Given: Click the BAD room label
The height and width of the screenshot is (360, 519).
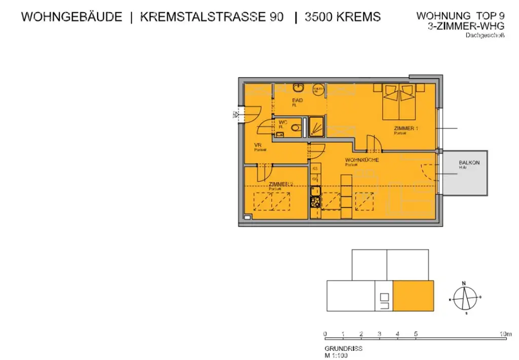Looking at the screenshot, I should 298,100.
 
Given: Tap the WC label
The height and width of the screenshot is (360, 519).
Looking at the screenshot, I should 283,122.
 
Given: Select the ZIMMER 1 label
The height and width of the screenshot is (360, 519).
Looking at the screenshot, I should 405,129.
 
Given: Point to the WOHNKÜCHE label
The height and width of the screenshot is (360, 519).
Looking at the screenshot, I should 362,160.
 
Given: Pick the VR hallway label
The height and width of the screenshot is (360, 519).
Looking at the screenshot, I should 257,146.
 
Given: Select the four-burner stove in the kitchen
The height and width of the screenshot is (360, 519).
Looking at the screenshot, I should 315,202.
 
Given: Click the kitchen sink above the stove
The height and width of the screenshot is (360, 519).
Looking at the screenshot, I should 315,191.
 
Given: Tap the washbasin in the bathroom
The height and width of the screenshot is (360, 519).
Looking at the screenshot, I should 299,87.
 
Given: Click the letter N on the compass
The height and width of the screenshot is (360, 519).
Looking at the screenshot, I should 463,283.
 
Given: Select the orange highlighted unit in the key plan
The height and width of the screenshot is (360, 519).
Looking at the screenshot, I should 413,296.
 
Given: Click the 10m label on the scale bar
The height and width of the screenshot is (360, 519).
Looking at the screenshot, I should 505,334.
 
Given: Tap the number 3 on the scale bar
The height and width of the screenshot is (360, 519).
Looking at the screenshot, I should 379,334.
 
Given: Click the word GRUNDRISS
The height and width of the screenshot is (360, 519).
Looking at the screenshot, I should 343,349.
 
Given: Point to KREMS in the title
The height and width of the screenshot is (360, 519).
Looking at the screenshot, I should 358,17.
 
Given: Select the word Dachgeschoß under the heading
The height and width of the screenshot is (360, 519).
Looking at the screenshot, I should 485,35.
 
